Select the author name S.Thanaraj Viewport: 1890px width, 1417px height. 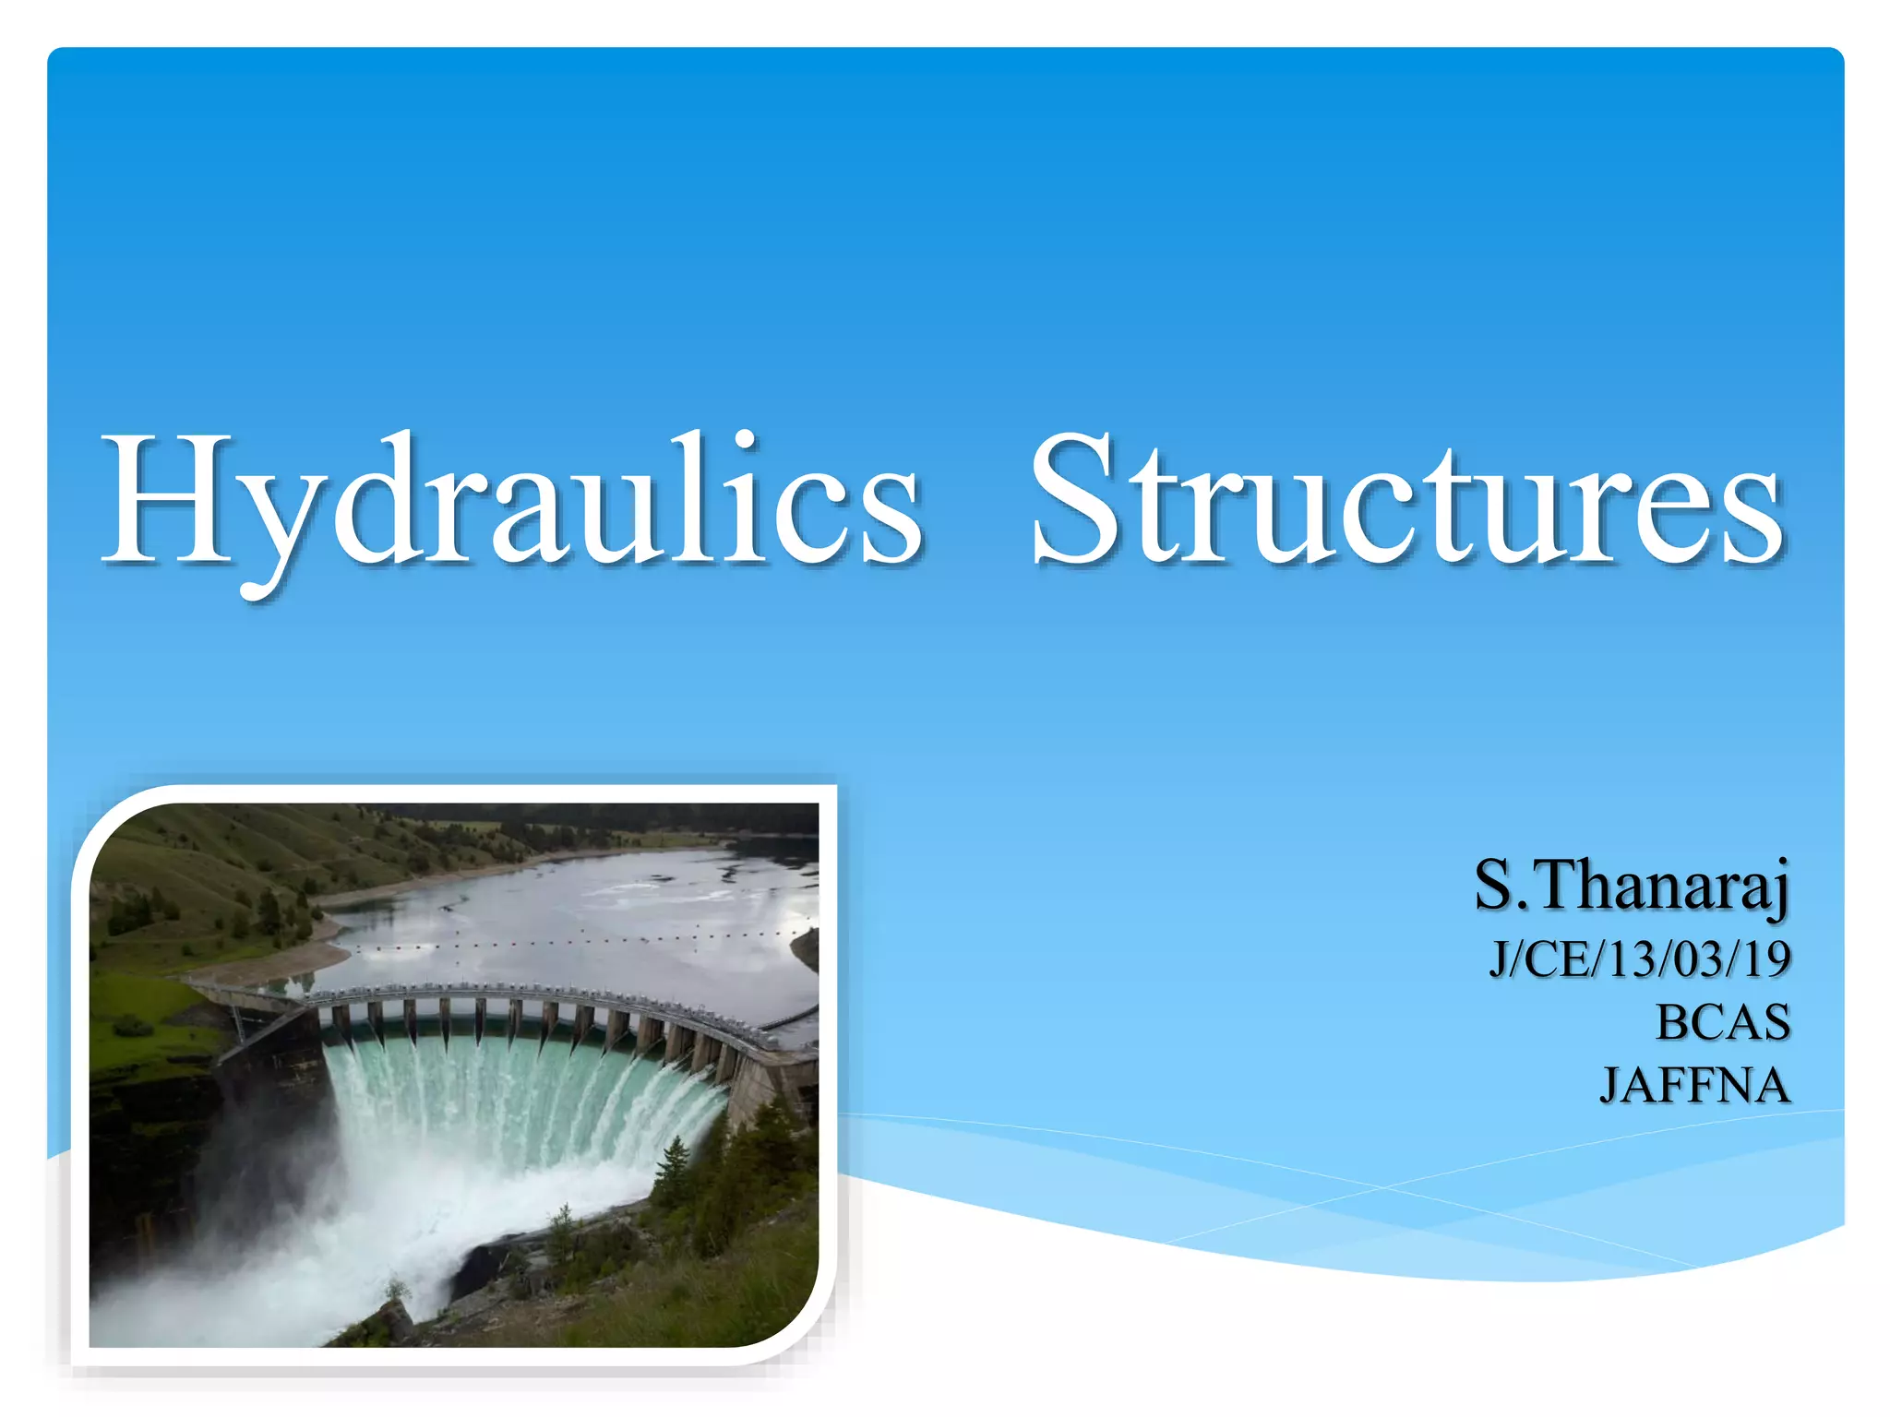1632,886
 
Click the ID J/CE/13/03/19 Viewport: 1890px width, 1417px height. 1640,959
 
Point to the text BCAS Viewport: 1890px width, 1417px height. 1722,1022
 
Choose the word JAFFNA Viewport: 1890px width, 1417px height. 1694,1085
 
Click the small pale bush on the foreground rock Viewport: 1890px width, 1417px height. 398,1288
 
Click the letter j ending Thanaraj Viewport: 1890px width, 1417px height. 1777,889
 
